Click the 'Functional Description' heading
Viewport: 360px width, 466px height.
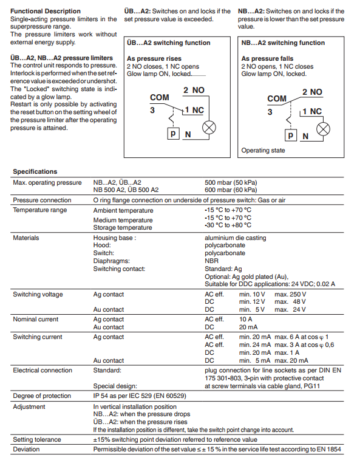[x=46, y=12]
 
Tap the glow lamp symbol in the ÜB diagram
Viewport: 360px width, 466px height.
[x=209, y=128]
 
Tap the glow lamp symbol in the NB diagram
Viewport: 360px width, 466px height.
[x=323, y=129]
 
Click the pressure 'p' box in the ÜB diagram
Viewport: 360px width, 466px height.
[x=173, y=134]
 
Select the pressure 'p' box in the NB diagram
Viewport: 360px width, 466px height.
[x=291, y=135]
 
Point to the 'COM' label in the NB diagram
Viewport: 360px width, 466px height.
[x=277, y=98]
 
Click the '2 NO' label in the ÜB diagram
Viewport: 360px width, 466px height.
[x=194, y=90]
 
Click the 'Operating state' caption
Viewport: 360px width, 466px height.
[x=263, y=151]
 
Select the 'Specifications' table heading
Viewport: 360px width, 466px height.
[x=35, y=171]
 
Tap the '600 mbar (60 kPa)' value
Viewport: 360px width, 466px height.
[x=231, y=190]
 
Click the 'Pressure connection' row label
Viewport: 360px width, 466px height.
[x=42, y=200]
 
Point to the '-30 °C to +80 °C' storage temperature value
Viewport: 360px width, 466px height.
[x=228, y=225]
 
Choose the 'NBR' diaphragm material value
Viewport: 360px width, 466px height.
[x=211, y=261]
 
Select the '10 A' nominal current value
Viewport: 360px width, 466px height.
[x=246, y=319]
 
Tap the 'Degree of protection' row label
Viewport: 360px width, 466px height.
[x=42, y=396]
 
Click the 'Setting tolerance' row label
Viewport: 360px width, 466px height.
[x=37, y=439]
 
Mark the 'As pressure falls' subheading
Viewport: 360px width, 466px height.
[x=267, y=58]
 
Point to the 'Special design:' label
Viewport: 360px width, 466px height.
[x=115, y=386]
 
